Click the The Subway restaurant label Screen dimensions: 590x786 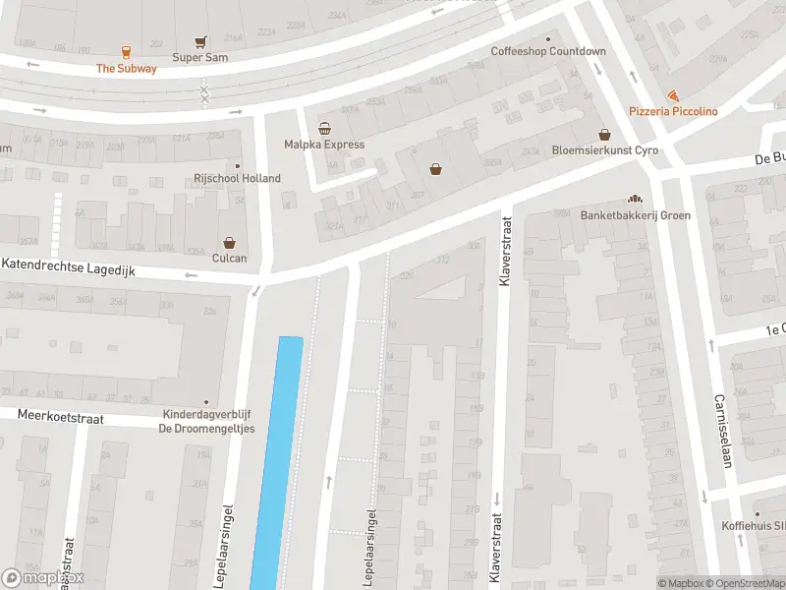(126, 68)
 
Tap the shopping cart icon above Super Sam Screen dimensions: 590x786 (201, 42)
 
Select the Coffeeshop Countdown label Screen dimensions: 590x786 (549, 51)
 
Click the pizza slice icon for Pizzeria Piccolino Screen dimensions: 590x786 (673, 95)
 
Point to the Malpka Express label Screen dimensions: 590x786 (324, 145)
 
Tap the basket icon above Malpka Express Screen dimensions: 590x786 (324, 128)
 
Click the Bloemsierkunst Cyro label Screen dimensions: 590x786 (604, 150)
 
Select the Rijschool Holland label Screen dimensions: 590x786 (237, 178)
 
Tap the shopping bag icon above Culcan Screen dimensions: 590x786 (229, 242)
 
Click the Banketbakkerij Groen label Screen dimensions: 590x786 (635, 215)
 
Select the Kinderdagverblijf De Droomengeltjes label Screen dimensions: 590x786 (206, 421)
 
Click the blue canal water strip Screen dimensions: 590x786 (278, 462)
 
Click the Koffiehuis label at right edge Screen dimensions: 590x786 (766, 526)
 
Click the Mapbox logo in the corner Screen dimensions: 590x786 (43, 578)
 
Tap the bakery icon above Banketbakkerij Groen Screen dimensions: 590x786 (635, 199)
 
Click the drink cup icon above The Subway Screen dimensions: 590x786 (126, 52)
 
